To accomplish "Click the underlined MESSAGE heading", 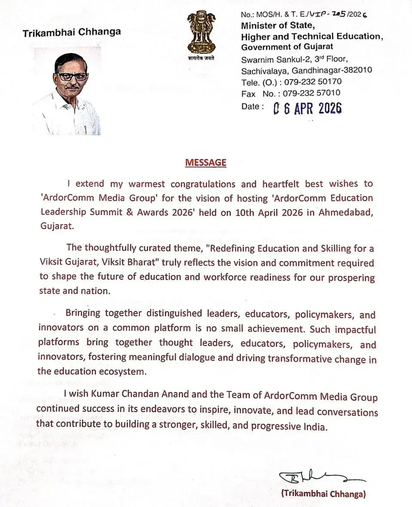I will [205, 163].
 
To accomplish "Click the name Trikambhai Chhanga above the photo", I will [72, 32].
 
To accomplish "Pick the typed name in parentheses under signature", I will [323, 494].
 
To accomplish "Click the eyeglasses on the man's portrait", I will [72, 76].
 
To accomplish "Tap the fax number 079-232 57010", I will [316, 93].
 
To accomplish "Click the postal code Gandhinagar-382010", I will [331, 70].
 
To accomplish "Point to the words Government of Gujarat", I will [287, 47].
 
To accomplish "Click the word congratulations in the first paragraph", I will [203, 184].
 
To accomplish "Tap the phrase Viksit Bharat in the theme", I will [137, 263].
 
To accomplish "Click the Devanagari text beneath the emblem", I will [201, 58].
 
